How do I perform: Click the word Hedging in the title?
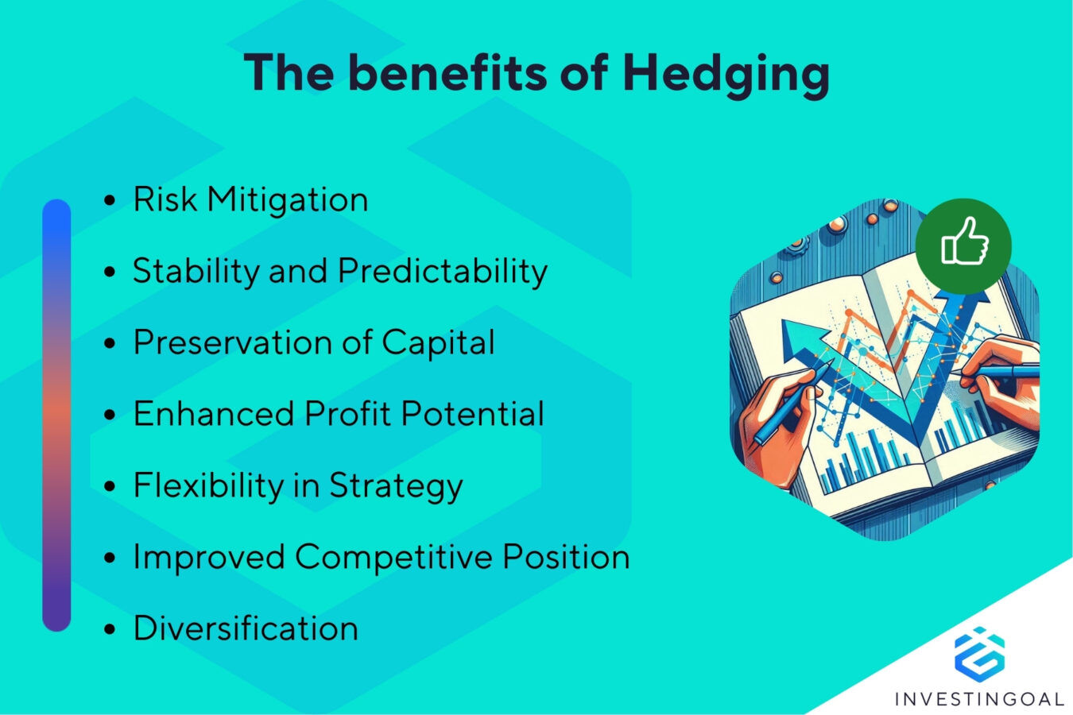coord(726,74)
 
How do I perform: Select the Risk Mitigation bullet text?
coord(250,199)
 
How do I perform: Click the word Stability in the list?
coord(196,272)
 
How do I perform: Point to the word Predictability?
coord(443,272)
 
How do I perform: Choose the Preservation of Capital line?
coord(313,342)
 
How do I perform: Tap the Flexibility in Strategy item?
coord(297,485)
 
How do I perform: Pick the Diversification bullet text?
coord(246,628)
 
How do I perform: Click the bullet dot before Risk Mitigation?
coord(110,200)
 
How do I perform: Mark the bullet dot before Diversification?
coord(110,629)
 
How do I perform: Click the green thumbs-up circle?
coord(963,245)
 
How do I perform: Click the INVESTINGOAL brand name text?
coord(979,699)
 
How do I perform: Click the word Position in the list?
coord(566,557)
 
